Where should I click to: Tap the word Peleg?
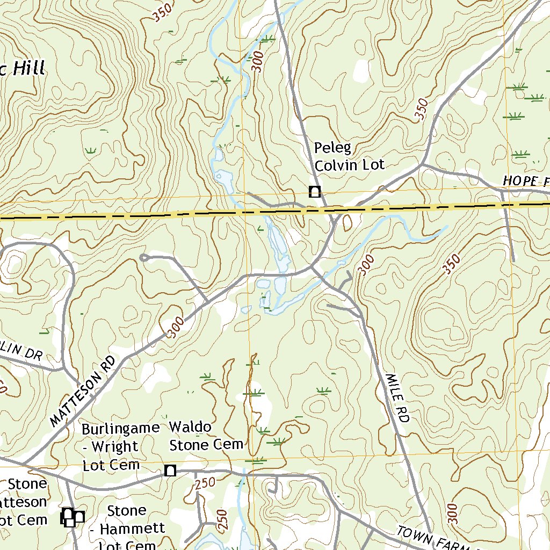pyautogui.click(x=331, y=148)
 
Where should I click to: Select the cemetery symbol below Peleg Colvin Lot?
pyautogui.click(x=314, y=191)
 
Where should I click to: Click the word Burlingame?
pyautogui.click(x=120, y=429)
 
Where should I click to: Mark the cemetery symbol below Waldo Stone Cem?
pyautogui.click(x=170, y=471)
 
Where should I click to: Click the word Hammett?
pyautogui.click(x=132, y=529)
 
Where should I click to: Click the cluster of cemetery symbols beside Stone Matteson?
pyautogui.click(x=71, y=517)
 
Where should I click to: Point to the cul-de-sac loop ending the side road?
pyautogui.click(x=144, y=258)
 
